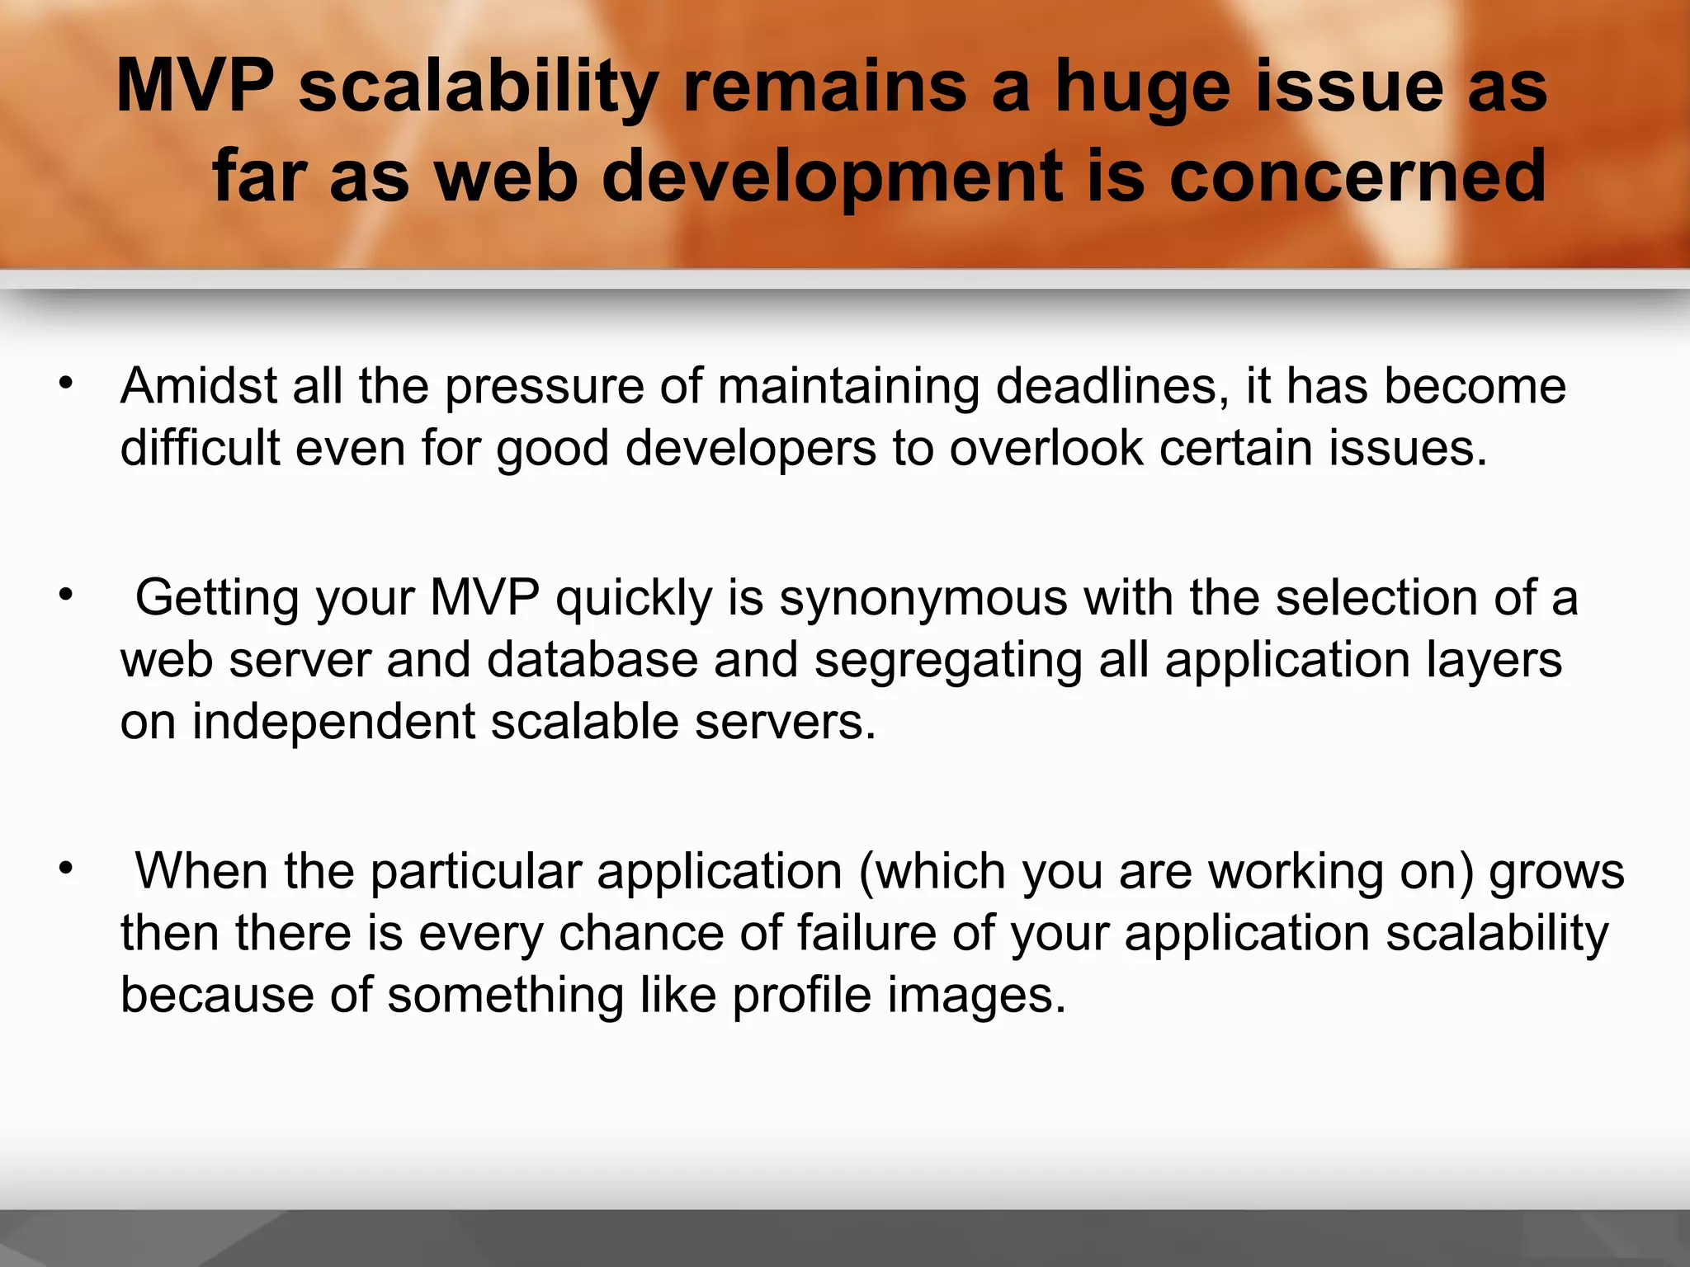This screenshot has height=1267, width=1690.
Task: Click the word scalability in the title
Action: pos(478,87)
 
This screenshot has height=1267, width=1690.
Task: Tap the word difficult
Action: pos(201,449)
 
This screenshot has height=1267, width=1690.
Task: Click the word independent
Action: pos(334,723)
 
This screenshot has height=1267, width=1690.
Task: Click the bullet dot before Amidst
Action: pos(66,383)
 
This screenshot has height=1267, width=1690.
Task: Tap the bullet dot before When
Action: pos(66,868)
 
